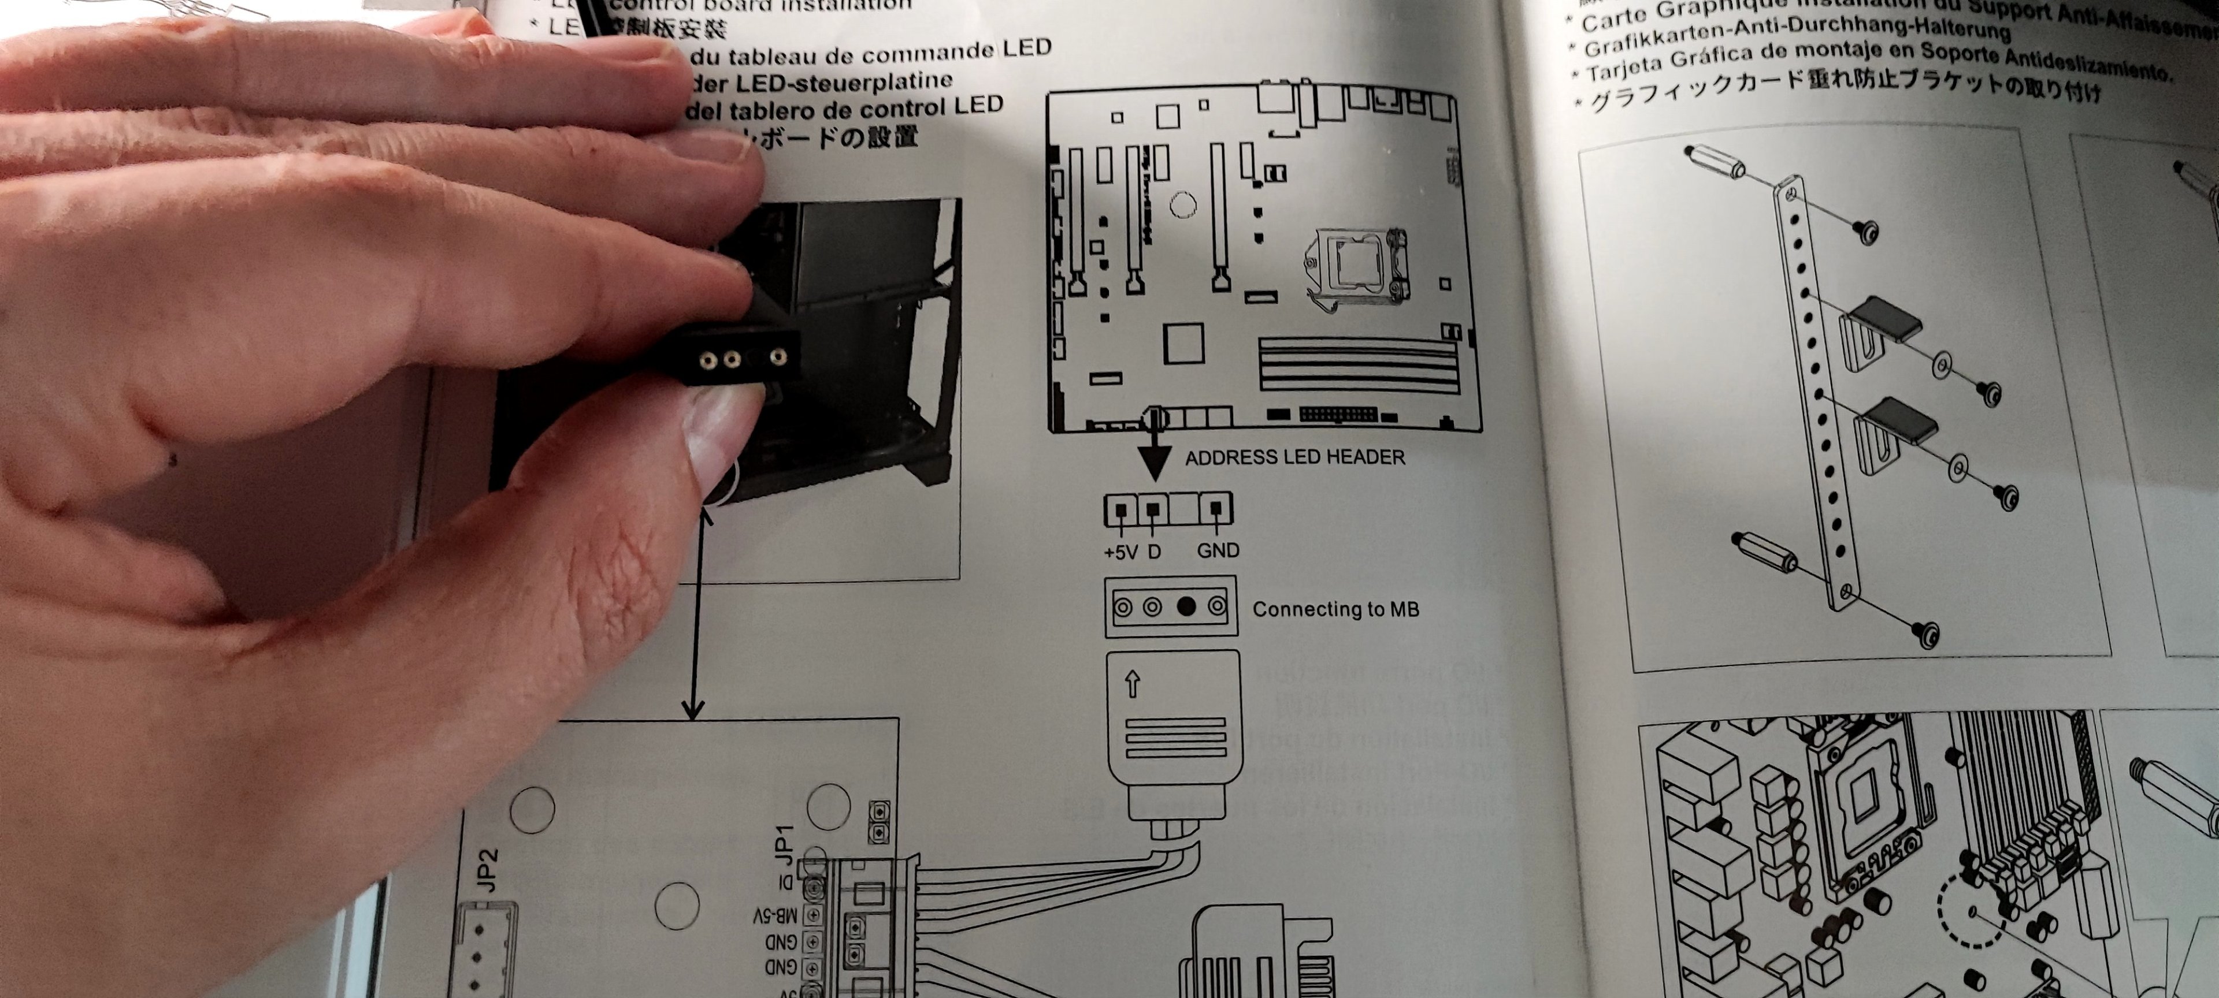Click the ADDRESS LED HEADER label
pyautogui.click(x=1294, y=457)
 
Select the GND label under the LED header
pyautogui.click(x=1218, y=550)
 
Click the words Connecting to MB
pyautogui.click(x=1335, y=610)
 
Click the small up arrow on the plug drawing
pyautogui.click(x=1133, y=684)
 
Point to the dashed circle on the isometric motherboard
pyautogui.click(x=1973, y=912)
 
